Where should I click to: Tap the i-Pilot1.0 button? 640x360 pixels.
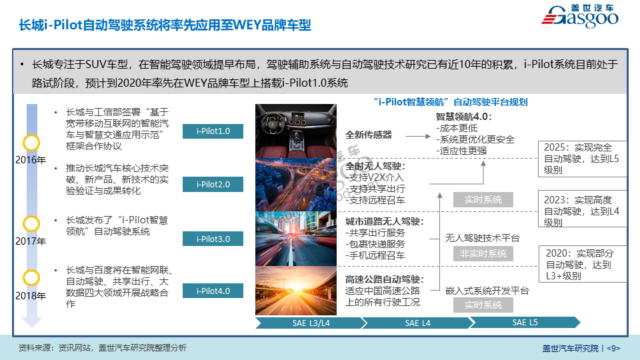tap(213, 131)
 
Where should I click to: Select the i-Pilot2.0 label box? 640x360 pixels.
tap(213, 184)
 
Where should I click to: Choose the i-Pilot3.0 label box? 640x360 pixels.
tap(213, 239)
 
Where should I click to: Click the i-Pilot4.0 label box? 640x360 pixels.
tap(213, 291)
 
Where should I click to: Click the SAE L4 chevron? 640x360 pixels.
tap(417, 323)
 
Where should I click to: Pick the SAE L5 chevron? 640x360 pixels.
tap(525, 323)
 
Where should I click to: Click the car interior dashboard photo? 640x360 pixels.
tap(296, 131)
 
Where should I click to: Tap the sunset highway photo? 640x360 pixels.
tap(296, 291)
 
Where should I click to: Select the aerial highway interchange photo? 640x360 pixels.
tap(296, 185)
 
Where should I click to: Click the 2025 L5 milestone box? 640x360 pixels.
tap(583, 159)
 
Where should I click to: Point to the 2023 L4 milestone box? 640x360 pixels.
tap(583, 209)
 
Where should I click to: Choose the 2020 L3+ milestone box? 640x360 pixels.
tap(583, 264)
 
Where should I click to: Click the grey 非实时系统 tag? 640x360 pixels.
tap(483, 253)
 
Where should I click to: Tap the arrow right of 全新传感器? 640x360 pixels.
tap(418, 136)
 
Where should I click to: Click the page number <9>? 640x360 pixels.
tap(613, 348)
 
